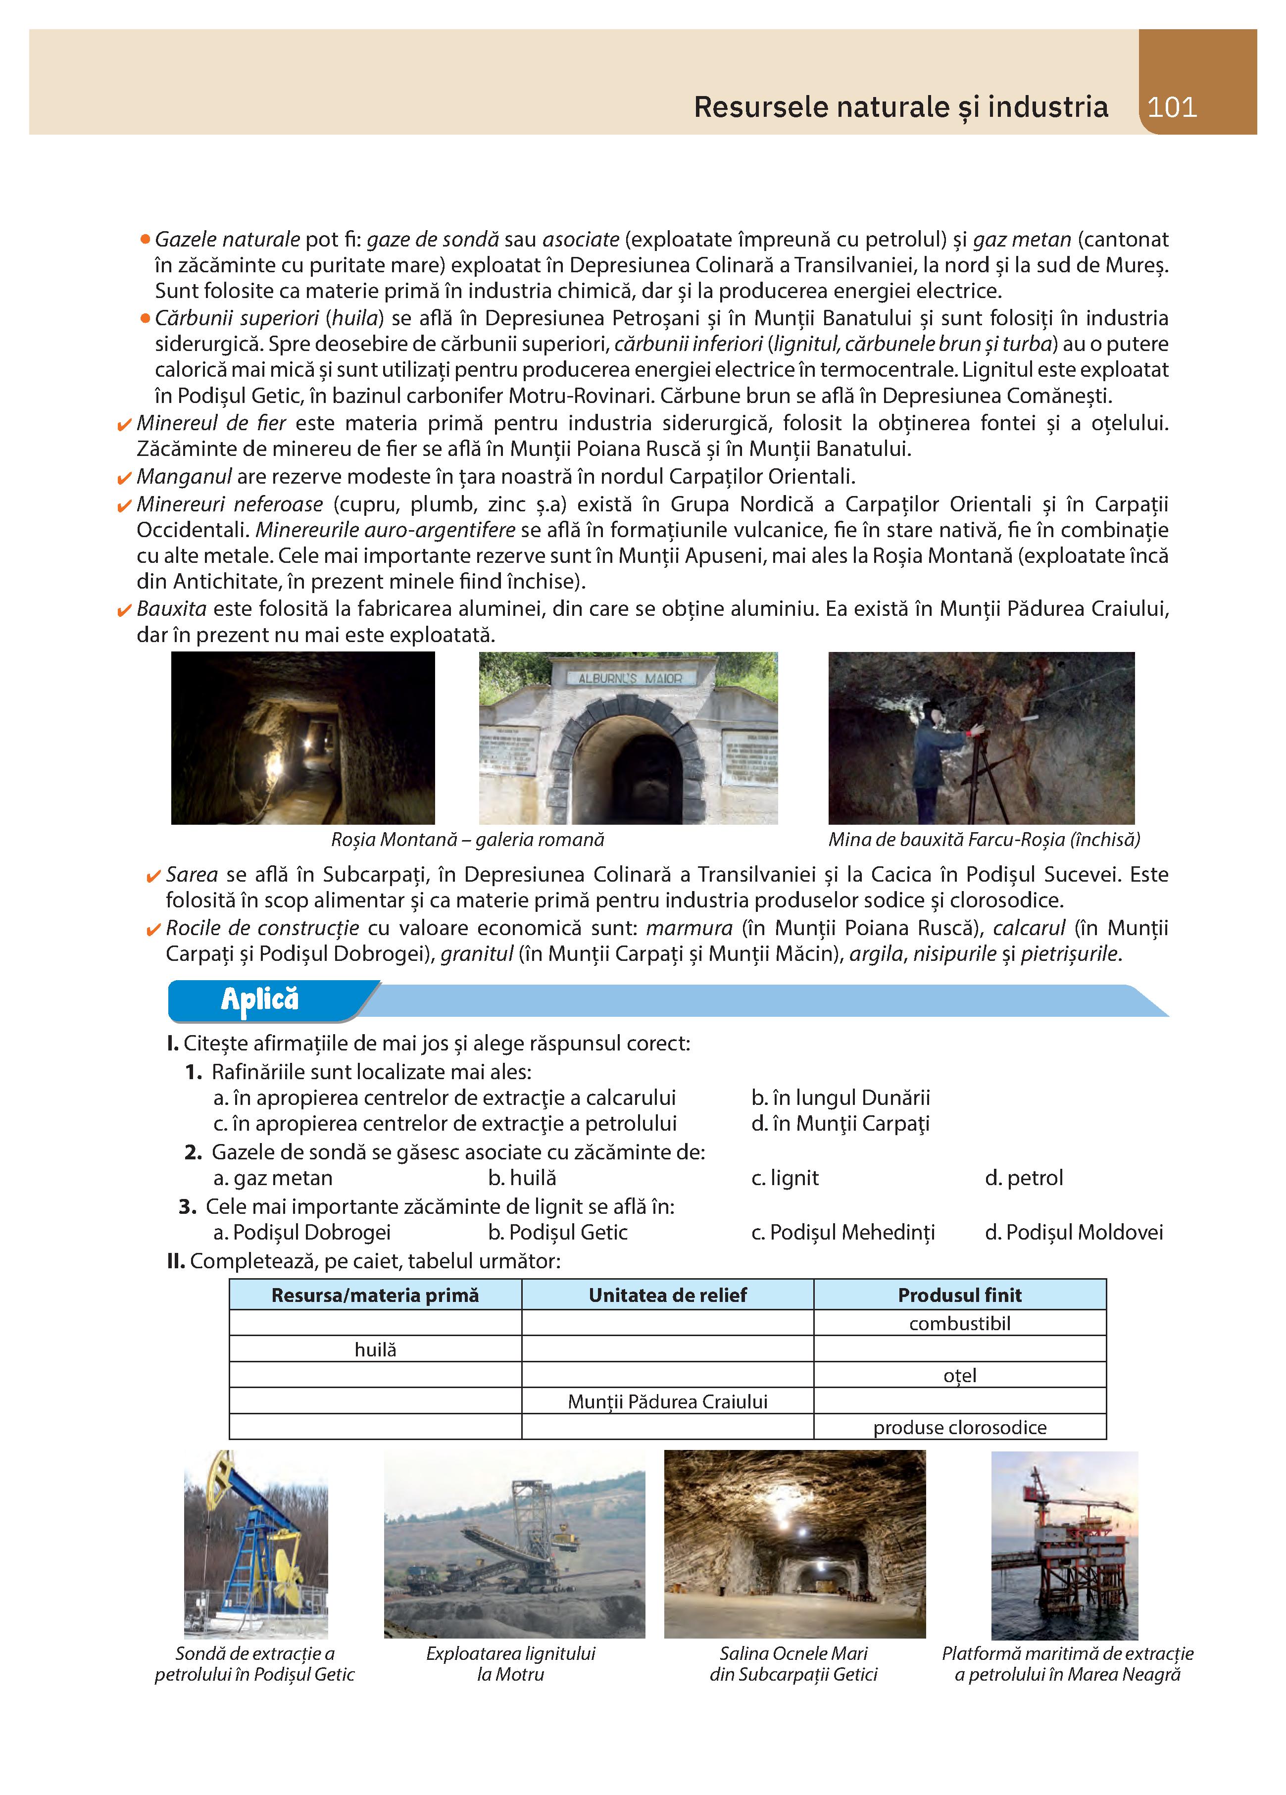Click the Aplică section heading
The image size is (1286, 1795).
[259, 999]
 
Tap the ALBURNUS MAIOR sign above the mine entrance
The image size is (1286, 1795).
[630, 678]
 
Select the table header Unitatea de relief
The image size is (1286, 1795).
[667, 1295]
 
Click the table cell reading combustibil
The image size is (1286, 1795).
[959, 1323]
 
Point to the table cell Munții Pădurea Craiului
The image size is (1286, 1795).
[667, 1401]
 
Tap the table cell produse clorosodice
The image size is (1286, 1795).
[959, 1428]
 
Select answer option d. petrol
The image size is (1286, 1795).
[1024, 1178]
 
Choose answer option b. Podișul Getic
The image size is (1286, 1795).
[557, 1232]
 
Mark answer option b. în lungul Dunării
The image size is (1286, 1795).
[841, 1097]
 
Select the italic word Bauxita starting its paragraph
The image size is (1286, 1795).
[171, 608]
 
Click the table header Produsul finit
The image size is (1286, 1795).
[959, 1295]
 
